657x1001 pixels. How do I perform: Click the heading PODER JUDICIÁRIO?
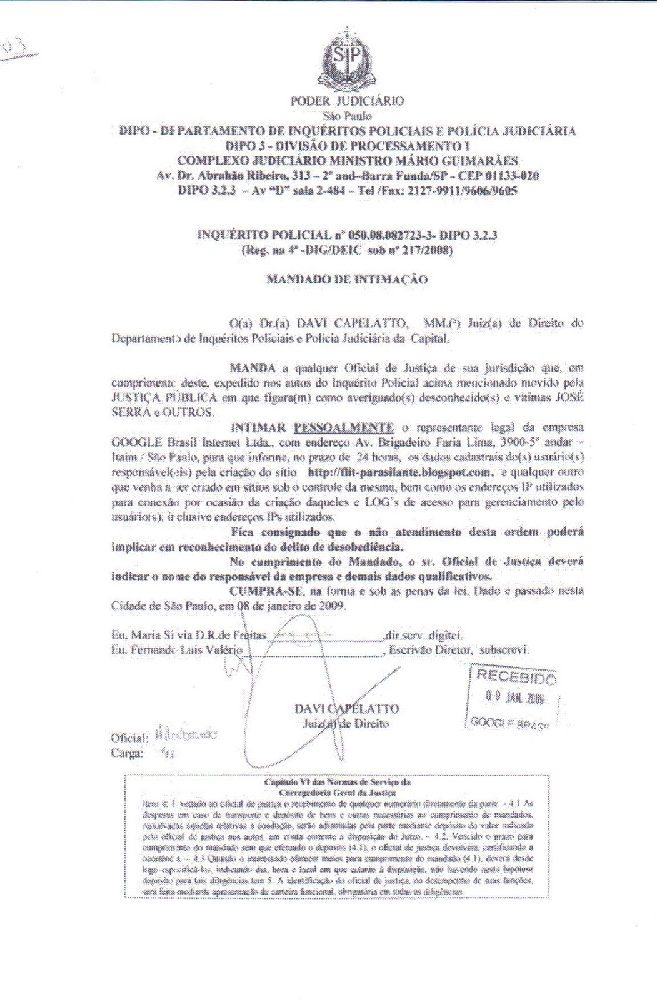pyautogui.click(x=347, y=101)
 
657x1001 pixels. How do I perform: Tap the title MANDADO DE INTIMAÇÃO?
pyautogui.click(x=347, y=279)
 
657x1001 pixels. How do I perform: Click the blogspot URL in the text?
pyautogui.click(x=400, y=472)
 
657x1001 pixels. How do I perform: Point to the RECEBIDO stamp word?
pyautogui.click(x=516, y=676)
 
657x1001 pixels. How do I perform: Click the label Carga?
pyautogui.click(x=127, y=753)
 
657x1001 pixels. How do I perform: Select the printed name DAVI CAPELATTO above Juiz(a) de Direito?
pyautogui.click(x=346, y=709)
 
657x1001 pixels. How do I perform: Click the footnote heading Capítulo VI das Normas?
pyautogui.click(x=337, y=782)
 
